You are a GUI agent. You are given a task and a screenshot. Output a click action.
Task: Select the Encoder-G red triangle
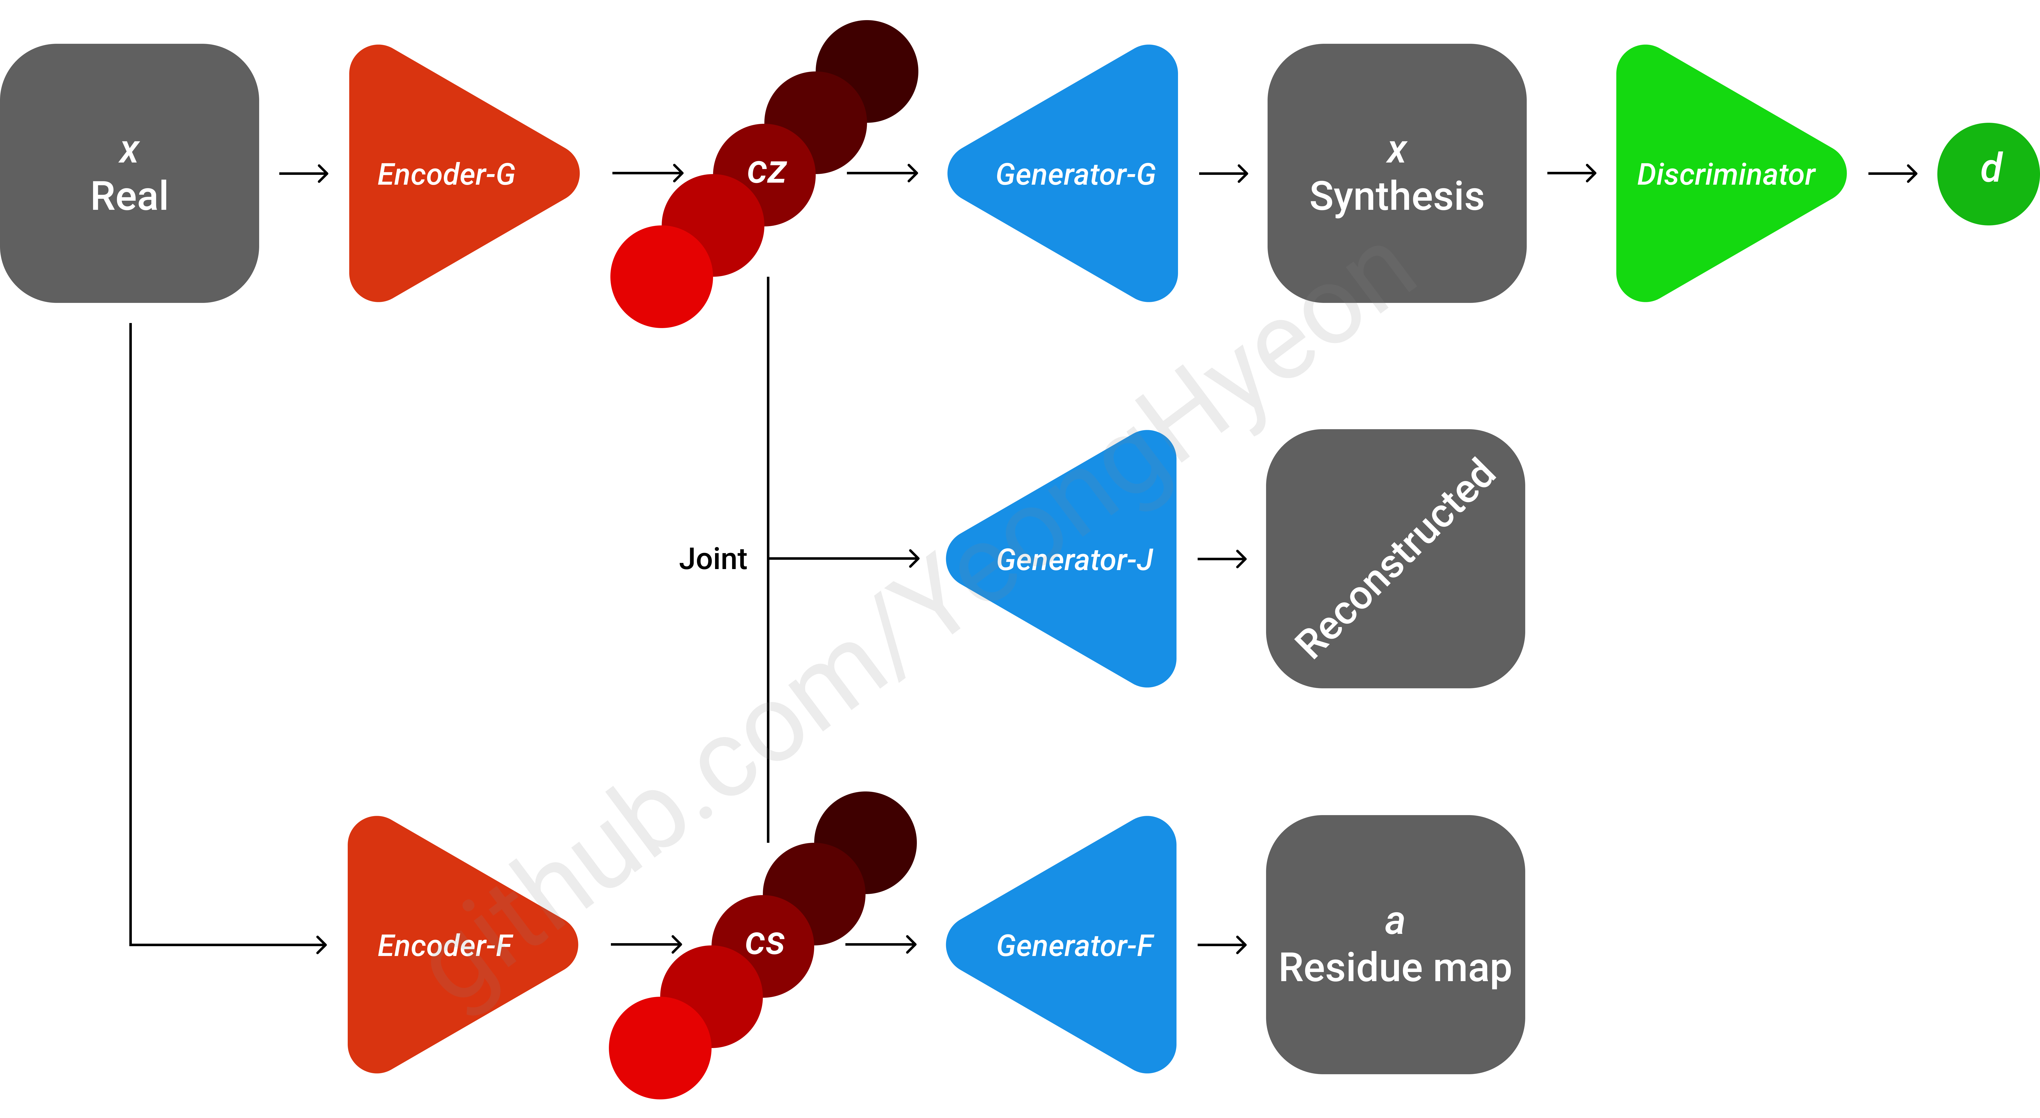pyautogui.click(x=444, y=173)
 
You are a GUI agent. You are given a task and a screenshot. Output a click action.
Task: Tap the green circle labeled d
pyautogui.click(x=1988, y=173)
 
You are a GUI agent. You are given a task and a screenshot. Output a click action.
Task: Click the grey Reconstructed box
pyautogui.click(x=1396, y=559)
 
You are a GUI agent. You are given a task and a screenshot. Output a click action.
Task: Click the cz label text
pyautogui.click(x=766, y=172)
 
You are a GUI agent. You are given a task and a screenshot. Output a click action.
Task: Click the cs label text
pyautogui.click(x=764, y=943)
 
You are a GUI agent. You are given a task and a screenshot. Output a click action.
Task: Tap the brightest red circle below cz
pyautogui.click(x=661, y=277)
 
